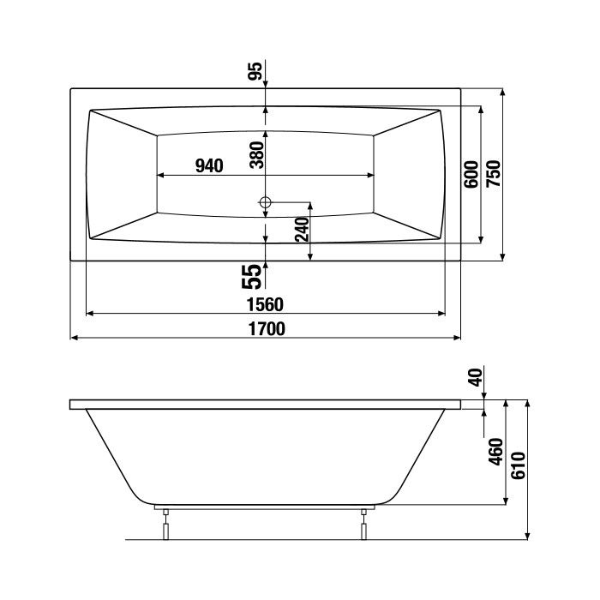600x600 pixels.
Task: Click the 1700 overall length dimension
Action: click(267, 328)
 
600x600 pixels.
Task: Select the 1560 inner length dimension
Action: click(265, 304)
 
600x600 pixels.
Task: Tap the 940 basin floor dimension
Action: click(209, 165)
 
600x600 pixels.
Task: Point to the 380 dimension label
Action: click(257, 154)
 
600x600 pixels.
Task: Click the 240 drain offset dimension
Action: click(303, 229)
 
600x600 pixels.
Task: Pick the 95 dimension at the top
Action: click(255, 71)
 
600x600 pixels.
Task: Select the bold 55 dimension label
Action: click(252, 277)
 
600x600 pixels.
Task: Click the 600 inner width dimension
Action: click(471, 175)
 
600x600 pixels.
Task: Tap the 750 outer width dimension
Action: click(493, 174)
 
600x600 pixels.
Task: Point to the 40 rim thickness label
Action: click(475, 377)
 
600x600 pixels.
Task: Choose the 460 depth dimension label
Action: click(496, 452)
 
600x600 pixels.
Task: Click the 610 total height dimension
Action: click(519, 465)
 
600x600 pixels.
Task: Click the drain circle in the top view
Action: click(265, 201)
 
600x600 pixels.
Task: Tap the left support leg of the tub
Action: click(165, 524)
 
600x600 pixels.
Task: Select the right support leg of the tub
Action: click(363, 524)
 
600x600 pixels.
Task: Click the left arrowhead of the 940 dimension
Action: click(161, 175)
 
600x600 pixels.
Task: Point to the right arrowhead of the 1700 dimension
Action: click(457, 338)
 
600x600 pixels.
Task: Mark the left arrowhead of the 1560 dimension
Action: click(90, 314)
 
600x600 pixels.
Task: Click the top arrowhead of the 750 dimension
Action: click(503, 93)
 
